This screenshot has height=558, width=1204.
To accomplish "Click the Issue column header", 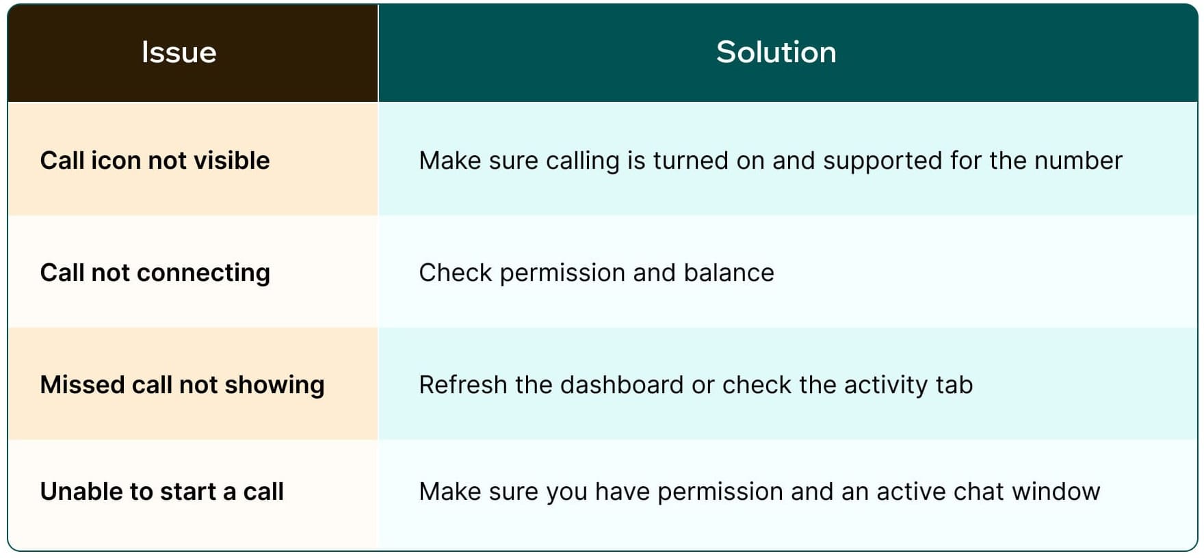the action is (x=179, y=53).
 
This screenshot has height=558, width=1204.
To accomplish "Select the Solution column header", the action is (x=776, y=53).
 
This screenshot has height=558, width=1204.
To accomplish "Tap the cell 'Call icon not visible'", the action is (x=155, y=161).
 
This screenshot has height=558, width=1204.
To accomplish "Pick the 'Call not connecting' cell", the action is (x=155, y=273).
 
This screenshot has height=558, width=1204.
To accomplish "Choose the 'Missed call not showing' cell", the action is (x=182, y=385).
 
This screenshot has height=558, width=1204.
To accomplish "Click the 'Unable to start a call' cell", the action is (x=161, y=492).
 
